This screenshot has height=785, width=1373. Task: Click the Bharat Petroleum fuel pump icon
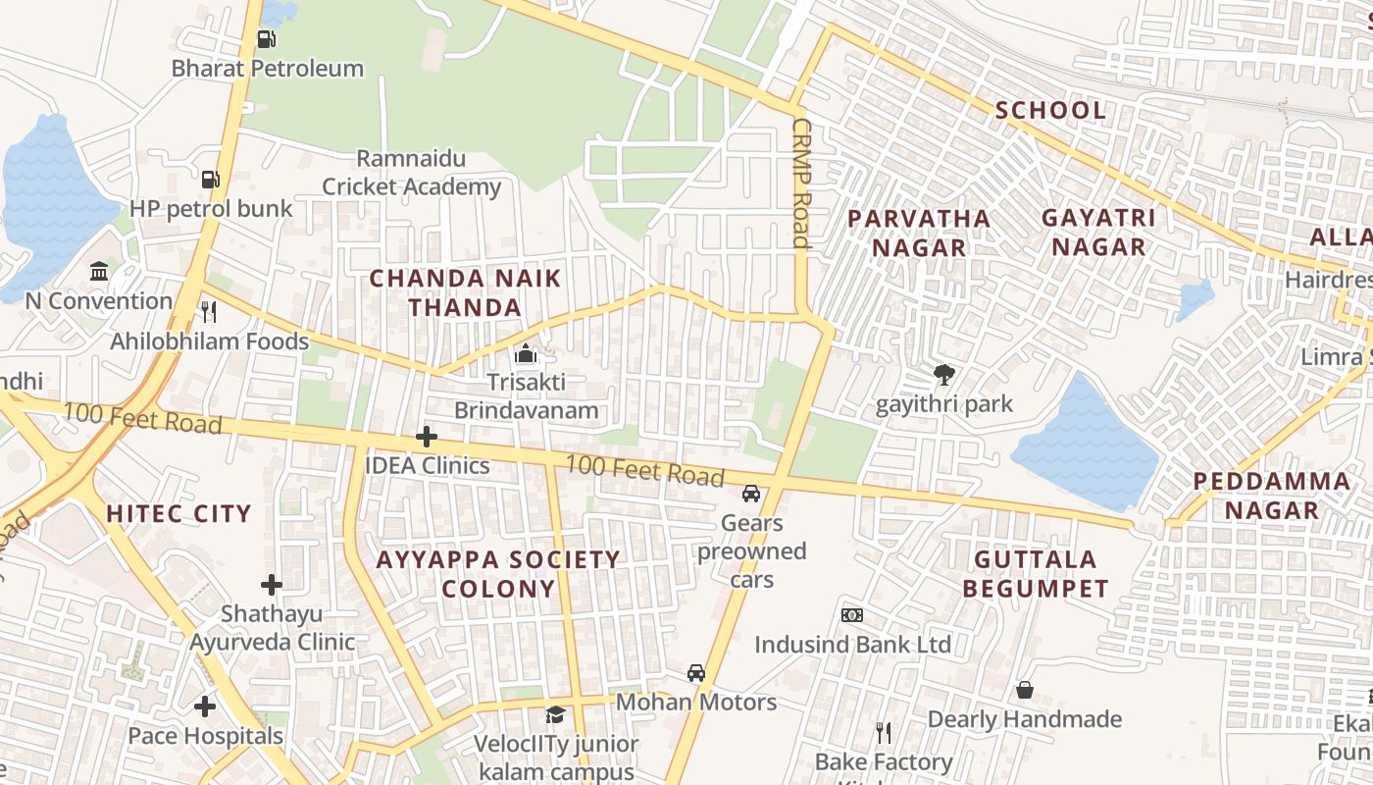point(266,39)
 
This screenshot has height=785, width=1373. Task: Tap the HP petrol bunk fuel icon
point(210,180)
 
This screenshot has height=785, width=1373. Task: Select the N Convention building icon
point(99,272)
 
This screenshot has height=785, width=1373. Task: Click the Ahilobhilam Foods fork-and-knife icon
point(208,312)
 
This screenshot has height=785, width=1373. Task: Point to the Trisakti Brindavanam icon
point(526,353)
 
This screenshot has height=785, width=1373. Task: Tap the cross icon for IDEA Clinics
point(427,437)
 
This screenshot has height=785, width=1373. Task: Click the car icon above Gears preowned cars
point(751,494)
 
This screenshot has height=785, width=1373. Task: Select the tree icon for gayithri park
point(943,374)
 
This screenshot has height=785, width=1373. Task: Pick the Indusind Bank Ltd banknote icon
point(852,615)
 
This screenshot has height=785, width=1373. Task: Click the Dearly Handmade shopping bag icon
point(1025,690)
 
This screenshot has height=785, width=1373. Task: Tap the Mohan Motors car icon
point(696,673)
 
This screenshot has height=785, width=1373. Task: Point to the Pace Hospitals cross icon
point(205,706)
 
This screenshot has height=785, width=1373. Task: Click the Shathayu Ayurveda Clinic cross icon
point(272,585)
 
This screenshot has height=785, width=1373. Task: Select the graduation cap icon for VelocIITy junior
point(555,714)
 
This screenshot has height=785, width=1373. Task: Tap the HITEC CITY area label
point(178,513)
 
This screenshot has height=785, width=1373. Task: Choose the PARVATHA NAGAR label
point(919,233)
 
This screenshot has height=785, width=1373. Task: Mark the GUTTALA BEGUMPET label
point(1035,574)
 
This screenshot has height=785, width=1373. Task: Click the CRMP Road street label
point(800,183)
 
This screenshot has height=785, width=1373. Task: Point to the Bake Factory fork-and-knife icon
point(884,733)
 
